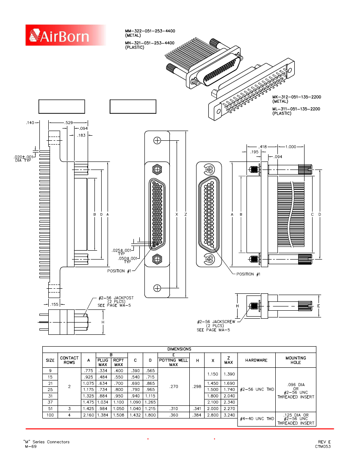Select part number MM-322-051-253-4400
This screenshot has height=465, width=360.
coord(150,31)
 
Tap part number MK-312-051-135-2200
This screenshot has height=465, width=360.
coord(296,97)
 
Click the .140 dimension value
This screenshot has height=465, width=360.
coord(30,123)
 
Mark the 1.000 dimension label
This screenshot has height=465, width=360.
coord(291,147)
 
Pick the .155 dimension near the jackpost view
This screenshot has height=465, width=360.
coord(54,304)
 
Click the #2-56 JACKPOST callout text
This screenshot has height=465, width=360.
coord(116,298)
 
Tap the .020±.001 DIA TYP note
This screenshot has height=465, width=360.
coord(20,159)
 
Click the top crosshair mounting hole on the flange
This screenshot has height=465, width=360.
coord(157,141)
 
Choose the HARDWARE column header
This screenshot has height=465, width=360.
coord(256,360)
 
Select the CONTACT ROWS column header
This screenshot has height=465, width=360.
coord(69,360)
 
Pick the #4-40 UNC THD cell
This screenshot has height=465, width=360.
coord(256,418)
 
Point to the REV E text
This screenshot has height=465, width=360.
coord(324,442)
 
